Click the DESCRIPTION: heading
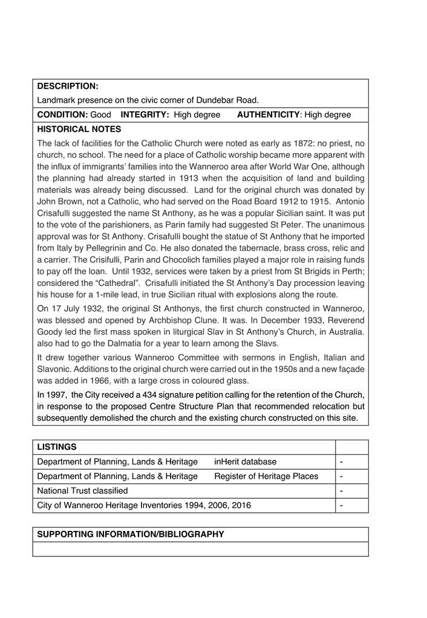(68, 86)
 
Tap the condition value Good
(101, 115)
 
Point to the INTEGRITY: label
(145, 115)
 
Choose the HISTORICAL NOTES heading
(79, 129)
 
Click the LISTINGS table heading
(57, 447)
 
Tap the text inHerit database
(245, 462)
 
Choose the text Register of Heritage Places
(266, 477)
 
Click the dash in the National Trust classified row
(342, 491)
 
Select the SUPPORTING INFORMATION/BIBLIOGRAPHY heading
(131, 535)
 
